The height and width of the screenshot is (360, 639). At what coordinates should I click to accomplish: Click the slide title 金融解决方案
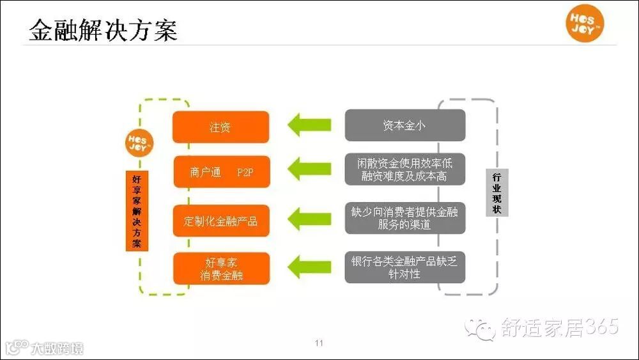tap(103, 30)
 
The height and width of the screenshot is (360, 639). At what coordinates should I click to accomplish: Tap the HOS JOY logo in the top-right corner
tap(585, 25)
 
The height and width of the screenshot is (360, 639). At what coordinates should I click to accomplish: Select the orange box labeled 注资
tap(220, 127)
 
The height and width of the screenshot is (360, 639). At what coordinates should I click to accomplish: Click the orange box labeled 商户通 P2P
tap(220, 172)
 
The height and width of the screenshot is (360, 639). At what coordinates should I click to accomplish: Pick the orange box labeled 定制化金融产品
tap(220, 221)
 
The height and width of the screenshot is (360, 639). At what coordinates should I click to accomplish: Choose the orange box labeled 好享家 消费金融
tap(220, 269)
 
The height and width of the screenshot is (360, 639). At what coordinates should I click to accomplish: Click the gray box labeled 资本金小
tap(404, 125)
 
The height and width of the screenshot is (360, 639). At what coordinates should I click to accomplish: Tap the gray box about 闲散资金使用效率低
tap(404, 169)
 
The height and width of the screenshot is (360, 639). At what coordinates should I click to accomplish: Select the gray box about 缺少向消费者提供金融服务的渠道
tap(404, 218)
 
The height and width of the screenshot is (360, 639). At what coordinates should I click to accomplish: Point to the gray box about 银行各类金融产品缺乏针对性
tap(404, 267)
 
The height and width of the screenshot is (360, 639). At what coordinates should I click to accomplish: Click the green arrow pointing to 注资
tap(309, 124)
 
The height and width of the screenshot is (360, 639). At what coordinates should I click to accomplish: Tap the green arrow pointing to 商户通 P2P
tap(309, 169)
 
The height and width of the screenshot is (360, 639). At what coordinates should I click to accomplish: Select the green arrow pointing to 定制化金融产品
tap(309, 219)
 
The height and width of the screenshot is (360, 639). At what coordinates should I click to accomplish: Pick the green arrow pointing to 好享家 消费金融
tap(309, 265)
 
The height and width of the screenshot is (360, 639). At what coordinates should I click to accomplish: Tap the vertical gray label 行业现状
tap(497, 192)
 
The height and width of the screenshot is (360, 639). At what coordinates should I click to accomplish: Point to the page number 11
tap(319, 343)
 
